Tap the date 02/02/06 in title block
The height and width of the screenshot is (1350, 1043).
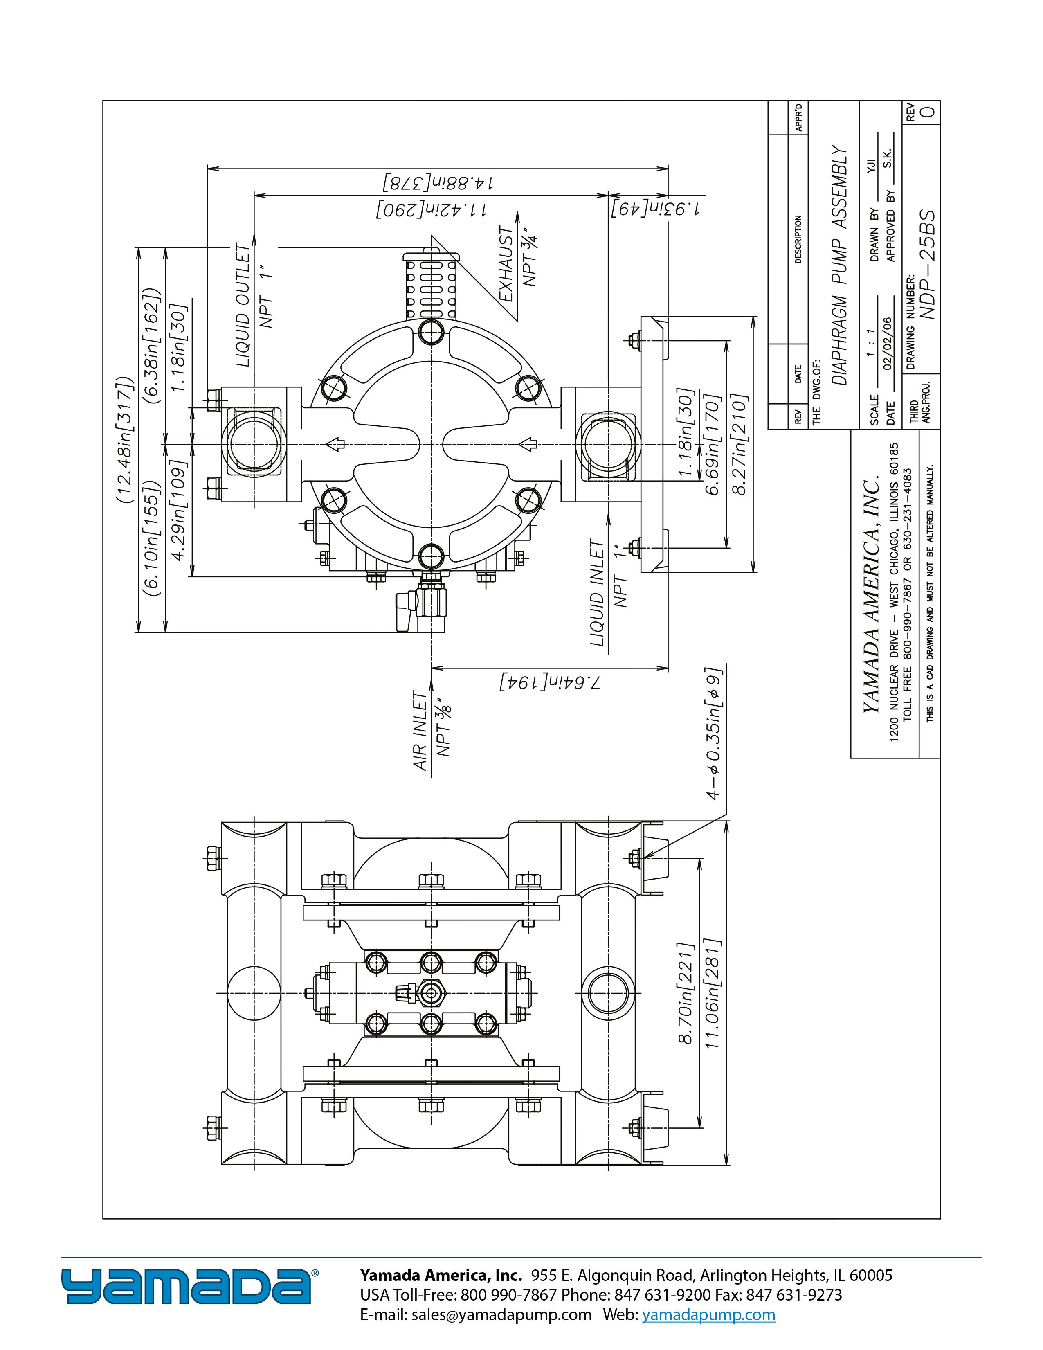click(890, 343)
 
